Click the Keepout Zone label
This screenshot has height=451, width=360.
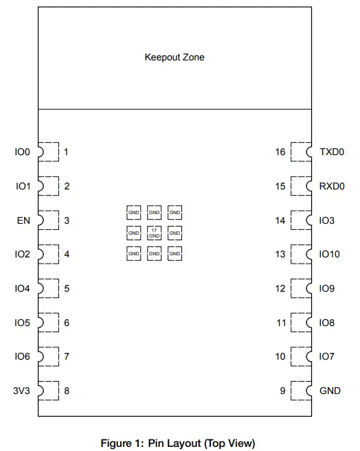(174, 57)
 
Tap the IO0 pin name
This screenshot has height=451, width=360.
(23, 152)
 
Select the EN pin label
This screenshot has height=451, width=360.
(23, 220)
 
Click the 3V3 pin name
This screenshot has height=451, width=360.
(23, 391)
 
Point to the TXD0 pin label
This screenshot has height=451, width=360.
(332, 152)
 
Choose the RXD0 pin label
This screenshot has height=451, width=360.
(333, 186)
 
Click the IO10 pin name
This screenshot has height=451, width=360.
(330, 254)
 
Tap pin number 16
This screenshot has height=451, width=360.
(280, 152)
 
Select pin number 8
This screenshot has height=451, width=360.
(67, 391)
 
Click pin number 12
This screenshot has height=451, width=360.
(280, 288)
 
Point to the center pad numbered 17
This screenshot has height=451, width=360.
(154, 233)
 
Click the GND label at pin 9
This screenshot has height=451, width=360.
(330, 391)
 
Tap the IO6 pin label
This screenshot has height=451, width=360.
(23, 356)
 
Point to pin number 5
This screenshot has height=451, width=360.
(67, 288)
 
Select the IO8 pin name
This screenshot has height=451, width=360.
(327, 322)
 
